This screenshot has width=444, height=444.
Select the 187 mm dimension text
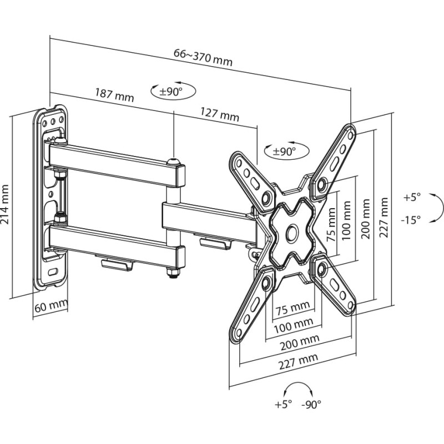point(114,95)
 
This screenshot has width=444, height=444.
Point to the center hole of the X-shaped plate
point(290,232)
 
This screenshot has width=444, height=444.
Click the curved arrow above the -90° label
point(298,389)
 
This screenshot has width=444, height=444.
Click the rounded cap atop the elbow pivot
point(175,160)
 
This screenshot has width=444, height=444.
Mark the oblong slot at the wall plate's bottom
point(54,273)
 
